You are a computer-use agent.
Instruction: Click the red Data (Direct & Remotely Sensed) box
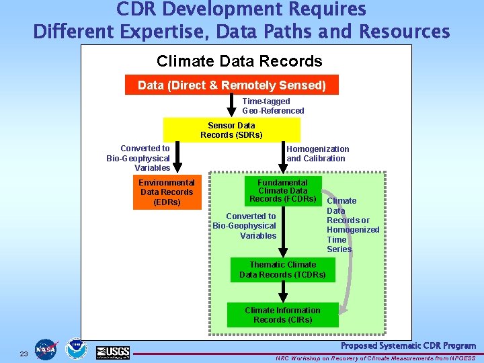(232, 85)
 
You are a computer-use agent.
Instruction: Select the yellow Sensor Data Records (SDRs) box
(231, 130)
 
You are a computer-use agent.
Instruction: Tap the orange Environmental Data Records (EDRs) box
(167, 192)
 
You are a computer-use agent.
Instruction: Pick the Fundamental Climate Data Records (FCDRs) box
(282, 191)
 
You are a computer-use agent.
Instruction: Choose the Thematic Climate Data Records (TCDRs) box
(282, 270)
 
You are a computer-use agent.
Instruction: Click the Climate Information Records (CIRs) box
(282, 315)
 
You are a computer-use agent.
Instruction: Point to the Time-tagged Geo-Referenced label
(273, 106)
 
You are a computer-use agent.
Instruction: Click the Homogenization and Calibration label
(318, 154)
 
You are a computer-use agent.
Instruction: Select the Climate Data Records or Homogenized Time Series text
(352, 225)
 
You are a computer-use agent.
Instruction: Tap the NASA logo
(46, 350)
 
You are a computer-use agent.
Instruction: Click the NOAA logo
(76, 350)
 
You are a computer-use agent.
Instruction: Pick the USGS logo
(112, 352)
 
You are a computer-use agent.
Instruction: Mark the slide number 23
(24, 354)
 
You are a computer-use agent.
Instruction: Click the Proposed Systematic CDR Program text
(408, 346)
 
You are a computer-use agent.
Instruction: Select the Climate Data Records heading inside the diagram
(239, 61)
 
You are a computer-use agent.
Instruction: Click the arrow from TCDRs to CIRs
(284, 291)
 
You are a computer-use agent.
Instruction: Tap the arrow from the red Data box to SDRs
(232, 106)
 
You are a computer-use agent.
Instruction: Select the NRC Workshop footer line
(375, 358)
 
